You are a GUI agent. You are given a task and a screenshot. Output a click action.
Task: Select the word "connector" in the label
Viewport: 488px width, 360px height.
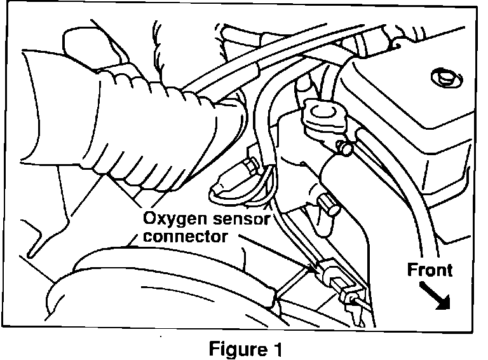click(184, 237)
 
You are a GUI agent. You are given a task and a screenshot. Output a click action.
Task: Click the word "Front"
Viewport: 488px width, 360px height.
click(430, 269)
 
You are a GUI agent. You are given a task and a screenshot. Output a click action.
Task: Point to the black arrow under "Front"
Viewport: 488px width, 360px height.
click(437, 296)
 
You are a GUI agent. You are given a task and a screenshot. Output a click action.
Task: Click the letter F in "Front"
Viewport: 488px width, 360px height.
click(411, 269)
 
